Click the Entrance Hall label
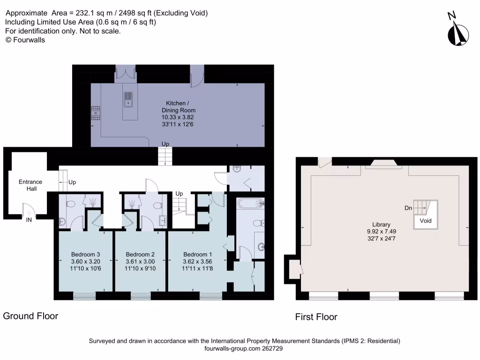30,185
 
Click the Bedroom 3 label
85,255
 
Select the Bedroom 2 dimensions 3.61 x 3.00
141,262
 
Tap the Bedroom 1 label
197,255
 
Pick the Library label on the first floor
378,225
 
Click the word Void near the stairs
426,221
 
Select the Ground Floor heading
31,316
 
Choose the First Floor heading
316,317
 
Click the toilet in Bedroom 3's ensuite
71,204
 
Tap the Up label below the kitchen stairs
165,144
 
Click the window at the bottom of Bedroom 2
141,296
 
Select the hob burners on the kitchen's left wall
96,113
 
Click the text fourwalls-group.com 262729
244,349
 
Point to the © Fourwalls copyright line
25,40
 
